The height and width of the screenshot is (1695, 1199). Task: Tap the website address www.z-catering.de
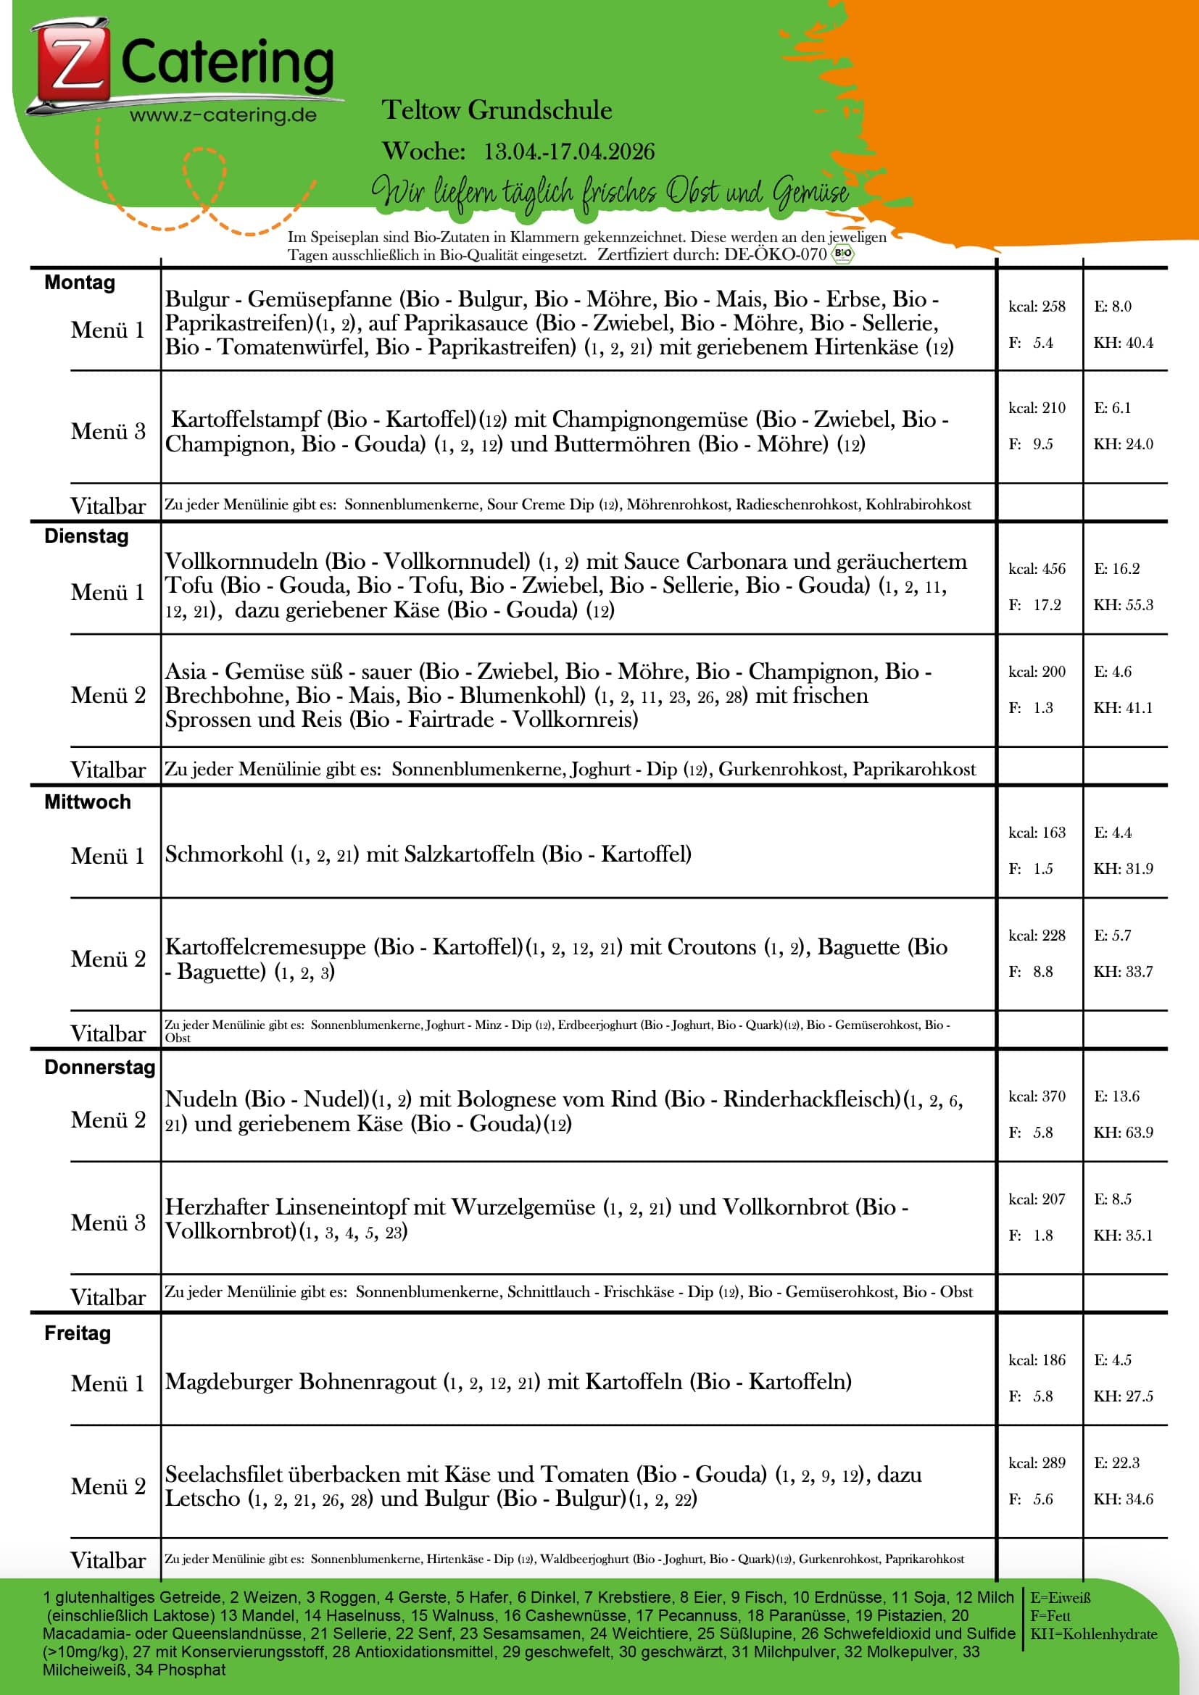tap(223, 115)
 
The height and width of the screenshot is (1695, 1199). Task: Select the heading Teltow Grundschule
tap(497, 111)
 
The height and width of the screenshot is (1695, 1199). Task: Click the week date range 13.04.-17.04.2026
tap(568, 151)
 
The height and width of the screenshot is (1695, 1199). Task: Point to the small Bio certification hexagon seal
tap(842, 254)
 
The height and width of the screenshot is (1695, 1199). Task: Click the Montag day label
tap(80, 283)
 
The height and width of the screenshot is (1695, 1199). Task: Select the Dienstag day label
tap(86, 536)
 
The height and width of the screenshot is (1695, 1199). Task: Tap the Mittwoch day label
tap(87, 801)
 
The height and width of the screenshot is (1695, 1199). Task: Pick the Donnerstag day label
tap(99, 1067)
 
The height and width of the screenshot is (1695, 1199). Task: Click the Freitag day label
tap(78, 1333)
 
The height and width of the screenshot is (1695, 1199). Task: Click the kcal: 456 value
tap(1037, 569)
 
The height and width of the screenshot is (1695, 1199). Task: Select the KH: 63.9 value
tap(1123, 1133)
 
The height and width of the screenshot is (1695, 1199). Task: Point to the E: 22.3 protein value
tap(1116, 1462)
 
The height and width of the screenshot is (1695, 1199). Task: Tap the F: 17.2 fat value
tap(1035, 605)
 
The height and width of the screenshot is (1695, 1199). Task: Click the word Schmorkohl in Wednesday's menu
tap(224, 854)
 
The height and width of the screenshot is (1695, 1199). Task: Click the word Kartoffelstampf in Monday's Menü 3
tap(246, 420)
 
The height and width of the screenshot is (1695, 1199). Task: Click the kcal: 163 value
tap(1037, 833)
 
